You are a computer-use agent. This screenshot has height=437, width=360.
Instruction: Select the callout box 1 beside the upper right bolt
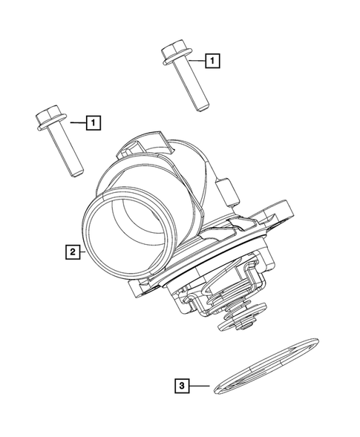click(x=212, y=59)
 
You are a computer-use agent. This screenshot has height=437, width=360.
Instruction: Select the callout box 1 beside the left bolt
click(x=94, y=120)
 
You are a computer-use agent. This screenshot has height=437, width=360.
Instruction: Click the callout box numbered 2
click(x=71, y=252)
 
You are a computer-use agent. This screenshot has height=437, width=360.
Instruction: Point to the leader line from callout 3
click(x=200, y=385)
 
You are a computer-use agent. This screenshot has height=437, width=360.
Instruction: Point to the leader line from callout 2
click(x=83, y=252)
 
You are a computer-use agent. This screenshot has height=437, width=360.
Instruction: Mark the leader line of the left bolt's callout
click(x=78, y=120)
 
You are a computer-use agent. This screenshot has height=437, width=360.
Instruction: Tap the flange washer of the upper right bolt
click(x=177, y=63)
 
